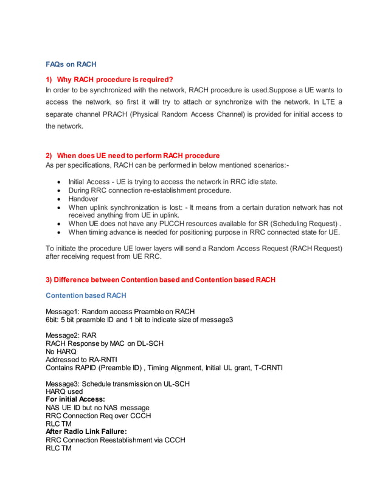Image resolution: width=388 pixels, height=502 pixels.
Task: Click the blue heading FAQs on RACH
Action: click(71, 64)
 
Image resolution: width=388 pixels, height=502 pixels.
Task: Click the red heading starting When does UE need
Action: click(138, 156)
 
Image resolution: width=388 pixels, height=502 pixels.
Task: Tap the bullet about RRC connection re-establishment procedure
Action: click(150, 190)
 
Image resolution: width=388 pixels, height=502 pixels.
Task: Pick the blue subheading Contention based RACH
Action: click(86, 295)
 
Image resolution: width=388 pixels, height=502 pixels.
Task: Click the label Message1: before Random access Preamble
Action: click(63, 312)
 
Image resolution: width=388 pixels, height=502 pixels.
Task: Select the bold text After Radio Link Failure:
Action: click(86, 432)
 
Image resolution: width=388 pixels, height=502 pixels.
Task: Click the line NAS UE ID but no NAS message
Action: click(98, 407)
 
